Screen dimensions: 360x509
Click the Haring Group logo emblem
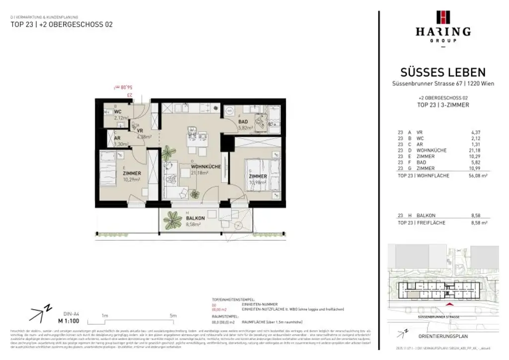click(x=443, y=17)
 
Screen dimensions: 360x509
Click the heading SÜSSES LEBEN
click(x=443, y=73)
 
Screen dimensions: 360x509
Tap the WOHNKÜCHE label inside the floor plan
click(x=205, y=167)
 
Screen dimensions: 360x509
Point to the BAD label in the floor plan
click(x=243, y=122)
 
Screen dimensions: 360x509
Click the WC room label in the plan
click(x=118, y=112)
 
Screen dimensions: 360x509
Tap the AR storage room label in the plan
click(x=117, y=139)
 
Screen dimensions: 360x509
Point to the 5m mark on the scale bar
click(x=173, y=315)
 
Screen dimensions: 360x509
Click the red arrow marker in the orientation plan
click(x=450, y=304)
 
